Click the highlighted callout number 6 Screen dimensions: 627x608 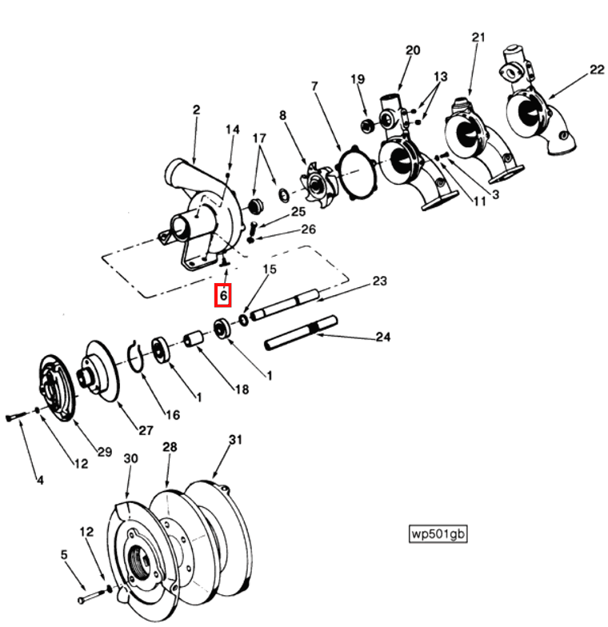223,296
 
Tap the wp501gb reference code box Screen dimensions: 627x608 437,533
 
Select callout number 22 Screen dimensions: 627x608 597,70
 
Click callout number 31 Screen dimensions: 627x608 234,439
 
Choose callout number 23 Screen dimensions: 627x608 379,281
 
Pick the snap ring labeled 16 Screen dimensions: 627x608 137,357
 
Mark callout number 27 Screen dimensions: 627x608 145,430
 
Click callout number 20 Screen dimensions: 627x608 413,50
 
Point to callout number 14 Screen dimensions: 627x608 232,130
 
